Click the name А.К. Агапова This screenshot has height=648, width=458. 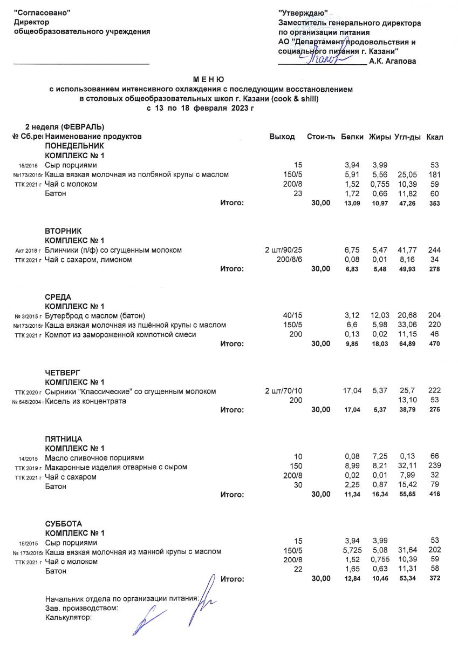point(392,62)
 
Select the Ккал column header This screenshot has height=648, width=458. point(434,137)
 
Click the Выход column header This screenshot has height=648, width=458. point(282,137)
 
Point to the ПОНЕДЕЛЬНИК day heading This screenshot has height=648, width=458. point(74,146)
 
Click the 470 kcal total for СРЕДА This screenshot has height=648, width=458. point(435,343)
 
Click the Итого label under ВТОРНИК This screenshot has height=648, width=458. point(232,268)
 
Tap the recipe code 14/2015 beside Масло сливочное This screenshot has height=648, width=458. point(28,458)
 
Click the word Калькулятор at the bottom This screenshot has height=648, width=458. point(69,617)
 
